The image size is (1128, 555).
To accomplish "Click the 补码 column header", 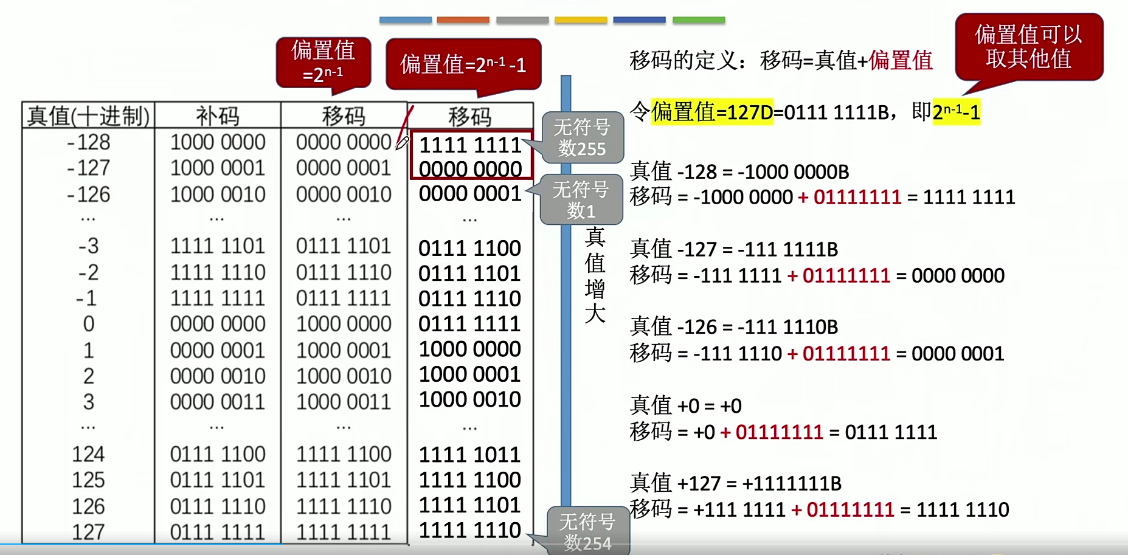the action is point(217,115).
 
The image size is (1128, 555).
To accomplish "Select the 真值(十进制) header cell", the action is point(88,115).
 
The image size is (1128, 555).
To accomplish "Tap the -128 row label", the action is point(89,142).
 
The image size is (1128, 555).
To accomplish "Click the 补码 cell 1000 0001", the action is point(218,168).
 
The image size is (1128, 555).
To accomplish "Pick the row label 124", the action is point(88,454).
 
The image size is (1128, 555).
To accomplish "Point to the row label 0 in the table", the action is point(89,324).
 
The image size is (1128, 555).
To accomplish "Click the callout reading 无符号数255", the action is point(582,138).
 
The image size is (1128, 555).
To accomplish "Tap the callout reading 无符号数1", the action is point(581,200).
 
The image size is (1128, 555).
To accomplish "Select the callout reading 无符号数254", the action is point(587,531).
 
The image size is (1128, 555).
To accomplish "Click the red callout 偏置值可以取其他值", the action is point(1028,47).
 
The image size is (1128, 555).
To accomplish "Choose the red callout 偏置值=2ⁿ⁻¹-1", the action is point(463,64).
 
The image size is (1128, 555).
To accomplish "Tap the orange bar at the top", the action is point(463,20).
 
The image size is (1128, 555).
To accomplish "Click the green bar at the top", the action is point(699,20).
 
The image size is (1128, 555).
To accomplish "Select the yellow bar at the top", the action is point(581,20).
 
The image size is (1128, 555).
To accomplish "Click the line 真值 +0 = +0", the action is point(686,405).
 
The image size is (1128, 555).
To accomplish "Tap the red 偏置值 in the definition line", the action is point(901,61).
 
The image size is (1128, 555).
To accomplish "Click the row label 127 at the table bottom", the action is point(88,532).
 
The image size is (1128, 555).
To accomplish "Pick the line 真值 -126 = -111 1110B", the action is point(734,327).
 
